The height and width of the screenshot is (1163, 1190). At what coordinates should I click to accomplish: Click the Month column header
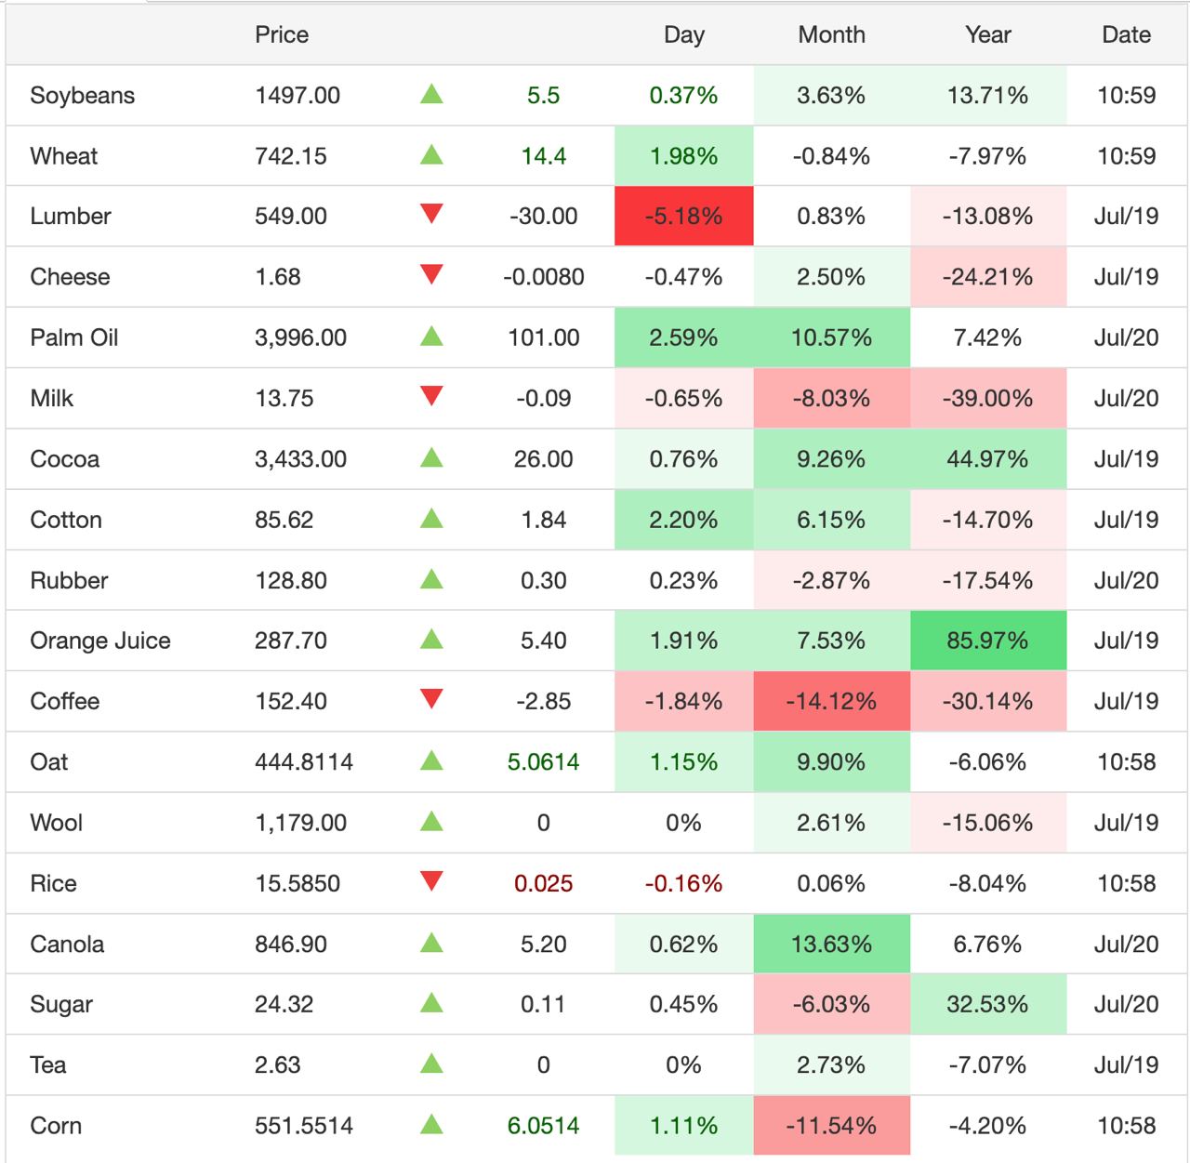tap(831, 35)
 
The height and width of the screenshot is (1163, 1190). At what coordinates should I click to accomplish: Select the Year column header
tap(987, 35)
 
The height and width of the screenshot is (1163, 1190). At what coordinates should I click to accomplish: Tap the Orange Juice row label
tap(100, 641)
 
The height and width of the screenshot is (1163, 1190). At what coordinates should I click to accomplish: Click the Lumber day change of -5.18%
tap(683, 217)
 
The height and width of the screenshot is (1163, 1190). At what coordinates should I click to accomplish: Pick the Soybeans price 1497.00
tap(297, 96)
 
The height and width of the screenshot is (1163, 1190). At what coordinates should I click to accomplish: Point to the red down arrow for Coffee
tap(431, 699)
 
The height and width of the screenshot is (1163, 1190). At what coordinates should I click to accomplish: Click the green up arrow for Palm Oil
tap(431, 337)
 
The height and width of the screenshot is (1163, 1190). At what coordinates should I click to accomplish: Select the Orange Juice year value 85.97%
tap(987, 641)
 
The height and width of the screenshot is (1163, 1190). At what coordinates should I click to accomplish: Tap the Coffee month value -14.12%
tap(831, 702)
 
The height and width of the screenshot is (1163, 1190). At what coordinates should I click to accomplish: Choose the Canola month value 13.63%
tap(831, 945)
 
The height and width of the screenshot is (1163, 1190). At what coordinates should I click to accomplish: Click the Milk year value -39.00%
tap(987, 399)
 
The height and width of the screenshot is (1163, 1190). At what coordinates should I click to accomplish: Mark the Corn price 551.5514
tap(304, 1126)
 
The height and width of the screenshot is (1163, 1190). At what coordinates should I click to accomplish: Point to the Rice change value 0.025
tap(543, 883)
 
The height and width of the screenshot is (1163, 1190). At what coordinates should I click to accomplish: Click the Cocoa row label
tap(65, 459)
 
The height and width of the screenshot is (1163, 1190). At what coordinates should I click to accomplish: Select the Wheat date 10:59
tap(1126, 156)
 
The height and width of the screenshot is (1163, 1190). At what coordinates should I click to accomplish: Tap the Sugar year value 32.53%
tap(987, 1005)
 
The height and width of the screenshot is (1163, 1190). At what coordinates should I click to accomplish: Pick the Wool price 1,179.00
tap(300, 823)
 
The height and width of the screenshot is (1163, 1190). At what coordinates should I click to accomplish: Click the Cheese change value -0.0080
tap(543, 277)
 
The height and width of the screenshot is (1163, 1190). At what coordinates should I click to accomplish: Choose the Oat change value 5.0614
tap(543, 762)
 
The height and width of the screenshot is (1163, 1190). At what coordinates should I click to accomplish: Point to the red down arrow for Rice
tap(431, 880)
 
